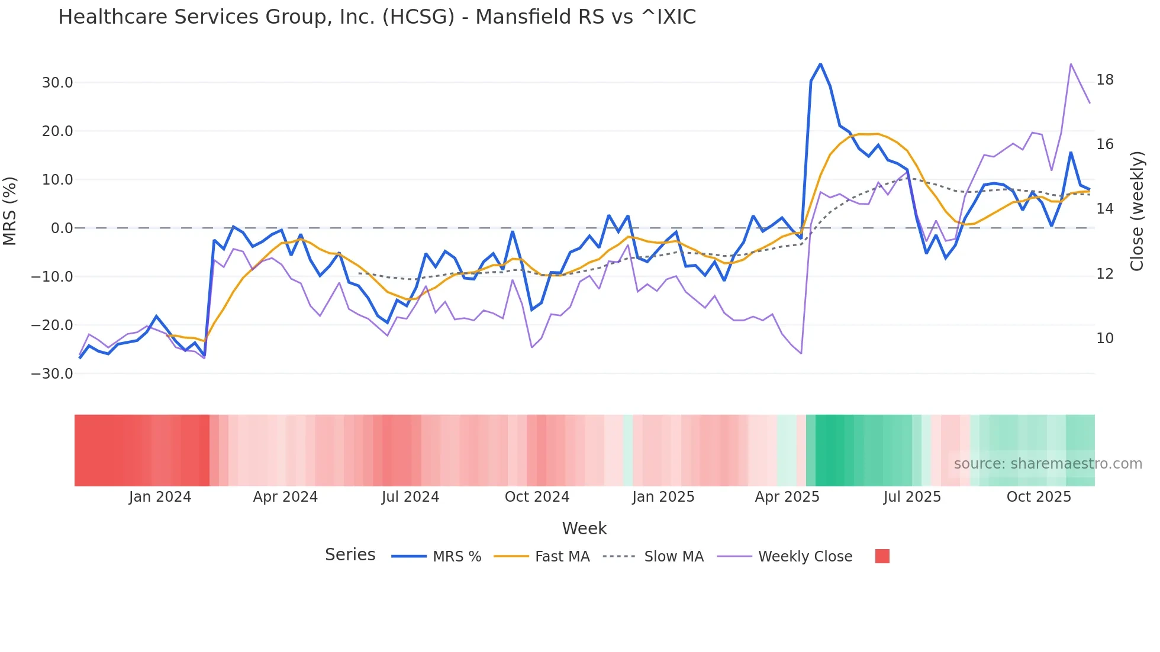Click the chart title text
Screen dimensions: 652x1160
(377, 17)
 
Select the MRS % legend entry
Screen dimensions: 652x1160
(456, 557)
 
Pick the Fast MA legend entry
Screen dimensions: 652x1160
(562, 557)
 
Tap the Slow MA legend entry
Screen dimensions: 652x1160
(674, 557)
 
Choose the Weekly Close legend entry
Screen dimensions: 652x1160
(805, 557)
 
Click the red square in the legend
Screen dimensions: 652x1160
(882, 556)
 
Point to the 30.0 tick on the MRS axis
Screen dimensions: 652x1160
(57, 83)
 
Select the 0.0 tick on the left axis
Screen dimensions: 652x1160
(62, 228)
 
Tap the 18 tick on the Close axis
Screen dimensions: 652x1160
(1105, 80)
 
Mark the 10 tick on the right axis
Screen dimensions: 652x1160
(1105, 338)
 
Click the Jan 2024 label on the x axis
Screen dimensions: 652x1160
(160, 497)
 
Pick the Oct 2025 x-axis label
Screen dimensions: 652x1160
(1039, 497)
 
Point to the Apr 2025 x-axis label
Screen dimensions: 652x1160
(787, 497)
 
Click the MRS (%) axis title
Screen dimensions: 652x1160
(10, 211)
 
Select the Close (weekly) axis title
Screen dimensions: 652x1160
(1137, 211)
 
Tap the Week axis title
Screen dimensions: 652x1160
(584, 528)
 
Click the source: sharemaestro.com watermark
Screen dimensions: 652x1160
(1048, 464)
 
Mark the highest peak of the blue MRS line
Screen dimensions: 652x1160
(820, 64)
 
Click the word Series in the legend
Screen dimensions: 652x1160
(350, 555)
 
